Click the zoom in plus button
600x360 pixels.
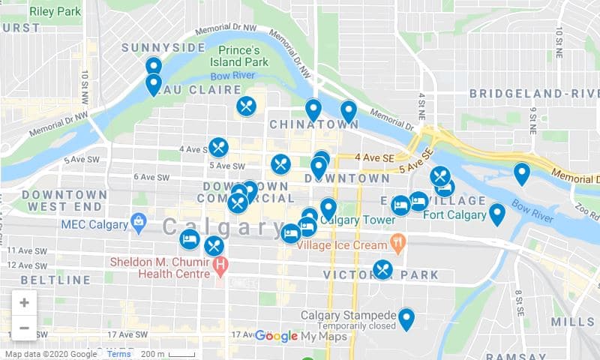pos(24,303)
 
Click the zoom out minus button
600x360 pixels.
pos(24,328)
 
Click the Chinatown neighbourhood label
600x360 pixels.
pos(313,124)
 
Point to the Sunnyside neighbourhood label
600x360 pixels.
pos(163,48)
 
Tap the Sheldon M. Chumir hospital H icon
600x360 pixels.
pos(220,265)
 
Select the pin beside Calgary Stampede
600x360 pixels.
pos(406,319)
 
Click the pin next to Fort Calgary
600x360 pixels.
pos(496,214)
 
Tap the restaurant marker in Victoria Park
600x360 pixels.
pos(383,270)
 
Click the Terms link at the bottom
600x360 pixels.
pos(118,354)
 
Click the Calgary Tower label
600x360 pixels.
pos(358,220)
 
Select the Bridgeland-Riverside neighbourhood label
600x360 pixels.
pos(533,93)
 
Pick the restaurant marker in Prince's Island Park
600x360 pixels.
pos(247,106)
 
